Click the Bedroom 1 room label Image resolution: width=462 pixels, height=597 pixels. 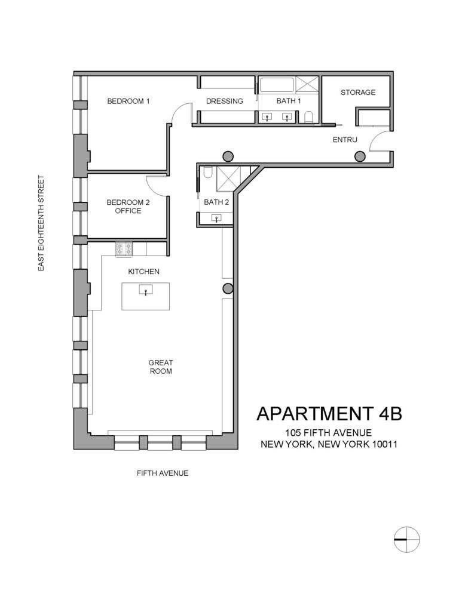pyautogui.click(x=128, y=101)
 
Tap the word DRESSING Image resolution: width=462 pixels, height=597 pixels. pyautogui.click(x=224, y=101)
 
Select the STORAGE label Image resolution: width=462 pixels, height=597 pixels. pyautogui.click(x=358, y=93)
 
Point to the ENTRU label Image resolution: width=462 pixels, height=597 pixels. pyautogui.click(x=345, y=140)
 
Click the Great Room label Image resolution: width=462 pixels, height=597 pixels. pyautogui.click(x=161, y=367)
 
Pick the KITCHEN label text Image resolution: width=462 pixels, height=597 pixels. pyautogui.click(x=144, y=272)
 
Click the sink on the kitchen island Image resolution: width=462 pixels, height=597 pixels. pyautogui.click(x=145, y=291)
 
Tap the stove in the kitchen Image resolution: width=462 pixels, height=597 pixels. pyautogui.click(x=124, y=248)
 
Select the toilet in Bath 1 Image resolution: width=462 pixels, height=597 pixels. pyautogui.click(x=308, y=116)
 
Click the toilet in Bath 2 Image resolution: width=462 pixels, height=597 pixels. pyautogui.click(x=207, y=173)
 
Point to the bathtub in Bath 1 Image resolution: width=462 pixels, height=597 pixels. pyautogui.click(x=276, y=85)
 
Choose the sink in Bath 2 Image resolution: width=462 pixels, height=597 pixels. pyautogui.click(x=216, y=219)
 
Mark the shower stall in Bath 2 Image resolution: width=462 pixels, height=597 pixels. pyautogui.click(x=228, y=178)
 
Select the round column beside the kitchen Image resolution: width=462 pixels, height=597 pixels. pyautogui.click(x=228, y=289)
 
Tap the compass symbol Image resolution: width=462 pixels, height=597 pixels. pyautogui.click(x=406, y=538)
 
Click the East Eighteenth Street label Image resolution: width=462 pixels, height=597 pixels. pyautogui.click(x=41, y=223)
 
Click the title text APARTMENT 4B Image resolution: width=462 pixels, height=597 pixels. pyautogui.click(x=329, y=413)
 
